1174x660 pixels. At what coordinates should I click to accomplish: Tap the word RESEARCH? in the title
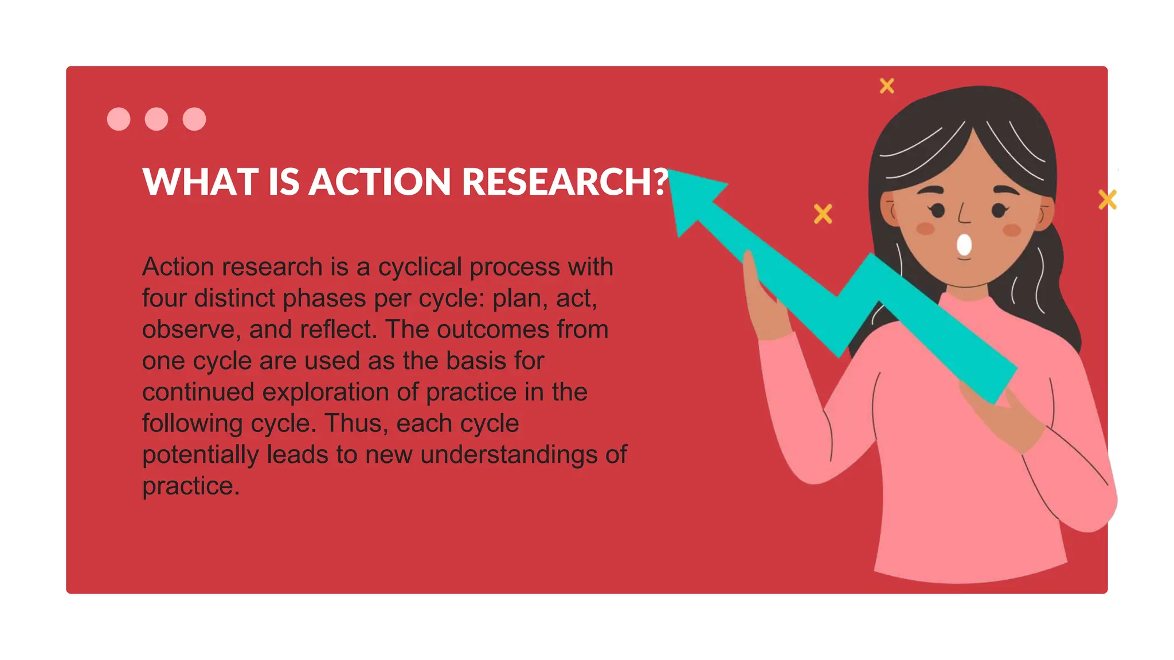[x=565, y=182]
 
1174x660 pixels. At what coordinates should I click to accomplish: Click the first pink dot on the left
[x=119, y=119]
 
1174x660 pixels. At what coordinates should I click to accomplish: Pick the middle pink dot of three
[x=156, y=119]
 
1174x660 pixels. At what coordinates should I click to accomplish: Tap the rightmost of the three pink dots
[x=194, y=119]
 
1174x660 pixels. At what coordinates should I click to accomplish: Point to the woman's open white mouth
[x=964, y=245]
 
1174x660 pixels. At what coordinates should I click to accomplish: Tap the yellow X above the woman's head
[x=887, y=86]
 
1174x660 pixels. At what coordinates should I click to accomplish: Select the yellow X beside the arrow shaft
[x=823, y=214]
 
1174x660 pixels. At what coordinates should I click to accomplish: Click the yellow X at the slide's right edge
[x=1107, y=200]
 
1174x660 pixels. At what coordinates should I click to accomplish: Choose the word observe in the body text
[x=189, y=330]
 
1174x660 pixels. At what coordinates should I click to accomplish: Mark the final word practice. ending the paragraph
[x=190, y=486]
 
